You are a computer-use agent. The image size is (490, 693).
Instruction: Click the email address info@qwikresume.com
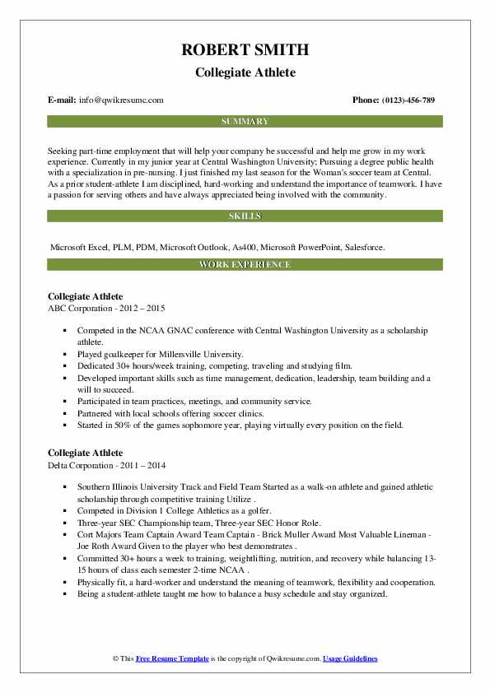(x=122, y=100)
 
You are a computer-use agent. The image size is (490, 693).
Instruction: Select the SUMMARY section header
(x=245, y=122)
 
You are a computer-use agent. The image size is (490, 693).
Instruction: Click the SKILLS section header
(x=245, y=216)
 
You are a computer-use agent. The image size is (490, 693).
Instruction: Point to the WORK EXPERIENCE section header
(x=245, y=265)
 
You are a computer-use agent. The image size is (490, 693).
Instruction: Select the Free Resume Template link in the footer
(x=172, y=659)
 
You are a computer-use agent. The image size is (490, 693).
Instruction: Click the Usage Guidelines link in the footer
(x=350, y=659)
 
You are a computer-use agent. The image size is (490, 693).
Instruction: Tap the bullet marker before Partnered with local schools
(x=63, y=414)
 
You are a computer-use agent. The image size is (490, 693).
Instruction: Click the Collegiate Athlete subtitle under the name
(x=245, y=72)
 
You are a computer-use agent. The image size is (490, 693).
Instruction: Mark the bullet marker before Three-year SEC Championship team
(x=63, y=523)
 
